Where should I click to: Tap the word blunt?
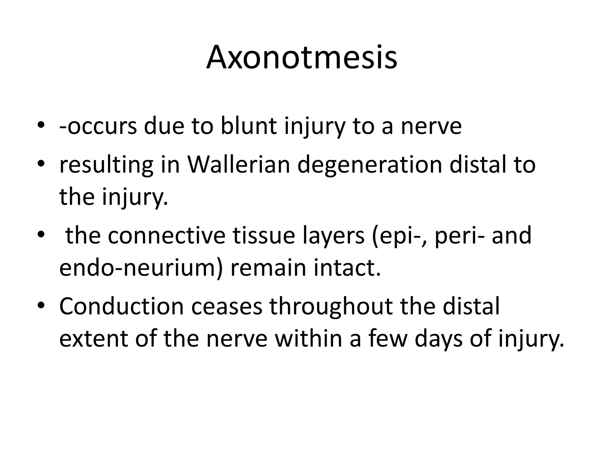click(x=249, y=126)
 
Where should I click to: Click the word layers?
click(x=334, y=236)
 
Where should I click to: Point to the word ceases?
click(x=226, y=307)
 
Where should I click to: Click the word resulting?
click(x=106, y=165)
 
